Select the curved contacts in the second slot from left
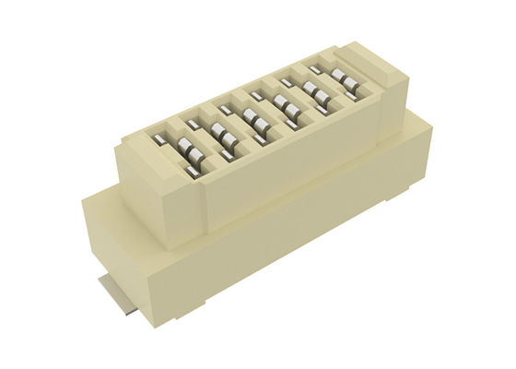pyautogui.click(x=222, y=135)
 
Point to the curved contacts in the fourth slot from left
pyautogui.click(x=285, y=105)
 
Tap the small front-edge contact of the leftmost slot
pyautogui.click(x=193, y=171)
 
